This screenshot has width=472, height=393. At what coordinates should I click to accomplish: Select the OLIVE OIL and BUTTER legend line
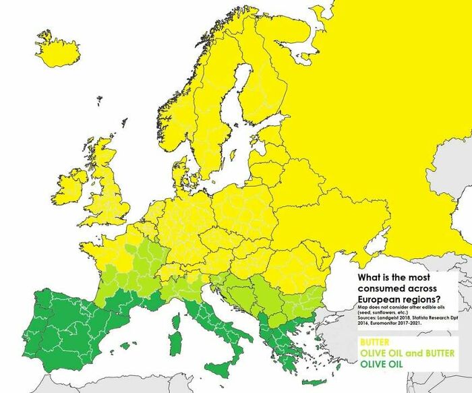(x=407, y=353)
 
